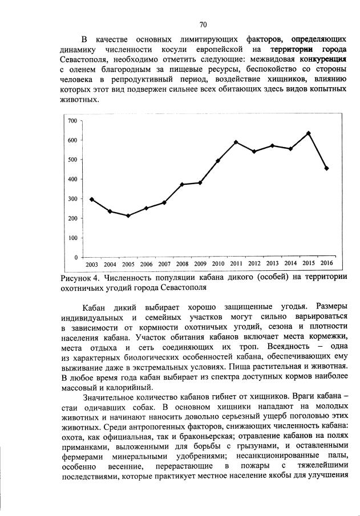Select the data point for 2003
(x=92, y=199)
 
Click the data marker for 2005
(x=128, y=216)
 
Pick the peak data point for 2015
(x=308, y=133)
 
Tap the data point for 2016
(x=326, y=168)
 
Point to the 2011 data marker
(x=236, y=142)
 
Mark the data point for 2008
(x=182, y=184)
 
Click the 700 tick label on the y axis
(x=72, y=121)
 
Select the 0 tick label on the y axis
(x=75, y=258)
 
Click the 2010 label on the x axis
(x=218, y=264)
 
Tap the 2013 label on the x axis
(x=272, y=264)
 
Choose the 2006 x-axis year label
(x=146, y=264)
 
